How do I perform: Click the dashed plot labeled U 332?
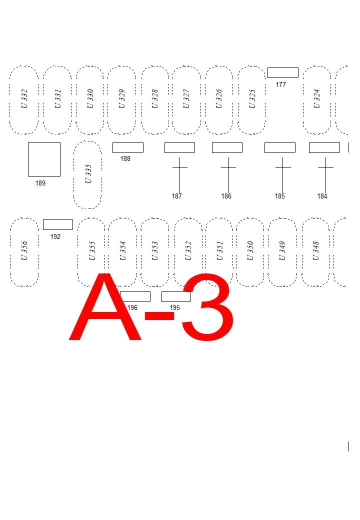(x=24, y=100)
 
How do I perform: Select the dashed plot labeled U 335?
(x=88, y=174)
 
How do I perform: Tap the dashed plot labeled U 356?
(x=24, y=252)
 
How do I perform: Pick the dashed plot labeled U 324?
(x=316, y=100)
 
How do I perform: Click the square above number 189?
(x=44, y=159)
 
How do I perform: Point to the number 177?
(x=281, y=85)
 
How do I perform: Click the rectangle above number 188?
(x=127, y=147)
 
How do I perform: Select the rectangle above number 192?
(x=58, y=224)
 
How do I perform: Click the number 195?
(x=174, y=308)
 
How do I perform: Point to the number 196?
(x=132, y=308)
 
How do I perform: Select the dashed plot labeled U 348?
(x=315, y=252)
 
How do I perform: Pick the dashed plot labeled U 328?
(x=155, y=100)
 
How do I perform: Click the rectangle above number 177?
(x=282, y=72)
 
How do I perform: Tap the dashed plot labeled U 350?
(x=250, y=252)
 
